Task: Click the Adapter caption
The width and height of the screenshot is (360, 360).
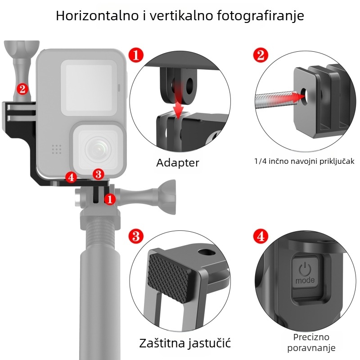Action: [x=177, y=162]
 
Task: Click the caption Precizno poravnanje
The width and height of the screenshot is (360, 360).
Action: [x=311, y=342]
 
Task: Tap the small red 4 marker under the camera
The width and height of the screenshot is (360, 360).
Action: [x=70, y=177]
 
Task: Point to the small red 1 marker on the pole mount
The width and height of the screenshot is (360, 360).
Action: [x=110, y=198]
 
